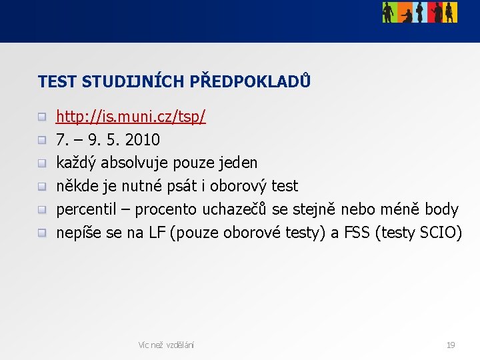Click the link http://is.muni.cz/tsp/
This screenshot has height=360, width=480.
tap(131, 117)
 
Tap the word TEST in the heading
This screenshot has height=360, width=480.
tap(57, 82)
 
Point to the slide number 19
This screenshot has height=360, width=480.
tap(451, 345)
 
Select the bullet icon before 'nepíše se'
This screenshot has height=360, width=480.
tap(42, 233)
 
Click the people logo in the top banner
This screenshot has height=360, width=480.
tap(419, 12)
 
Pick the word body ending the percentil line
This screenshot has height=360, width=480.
tap(441, 209)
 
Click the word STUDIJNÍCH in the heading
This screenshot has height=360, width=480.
tap(133, 82)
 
